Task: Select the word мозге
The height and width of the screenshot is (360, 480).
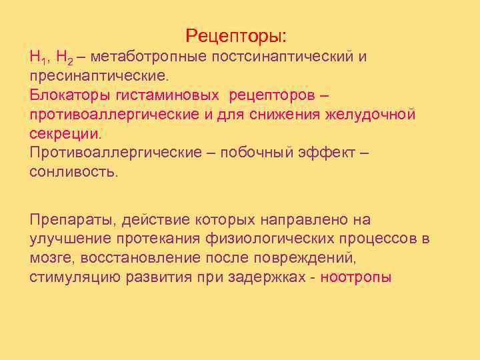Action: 49,258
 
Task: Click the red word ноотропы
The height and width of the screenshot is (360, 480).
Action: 357,277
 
